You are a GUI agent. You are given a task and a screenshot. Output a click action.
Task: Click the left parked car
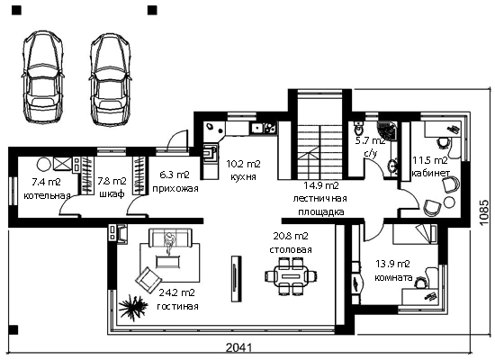pyautogui.click(x=42, y=77)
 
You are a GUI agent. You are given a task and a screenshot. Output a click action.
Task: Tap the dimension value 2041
pyautogui.click(x=239, y=347)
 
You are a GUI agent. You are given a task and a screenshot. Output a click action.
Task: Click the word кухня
pyautogui.click(x=243, y=176)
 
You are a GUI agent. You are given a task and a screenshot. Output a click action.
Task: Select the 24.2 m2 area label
pyautogui.click(x=176, y=292)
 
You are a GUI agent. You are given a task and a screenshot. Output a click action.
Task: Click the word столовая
pyautogui.click(x=291, y=249)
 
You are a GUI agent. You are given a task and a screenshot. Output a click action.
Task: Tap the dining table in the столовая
pyautogui.click(x=291, y=275)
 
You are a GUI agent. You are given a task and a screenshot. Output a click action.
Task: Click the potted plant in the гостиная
pyautogui.click(x=133, y=307)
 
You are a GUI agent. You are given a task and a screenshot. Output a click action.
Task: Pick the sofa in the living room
pyautogui.click(x=169, y=238)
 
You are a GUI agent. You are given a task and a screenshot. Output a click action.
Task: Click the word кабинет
pyautogui.click(x=430, y=174)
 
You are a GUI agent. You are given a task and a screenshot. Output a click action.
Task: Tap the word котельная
pyautogui.click(x=47, y=196)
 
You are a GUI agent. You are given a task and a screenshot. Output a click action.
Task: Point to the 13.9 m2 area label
pyautogui.click(x=392, y=264)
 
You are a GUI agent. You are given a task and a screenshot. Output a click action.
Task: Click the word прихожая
pyautogui.click(x=175, y=189)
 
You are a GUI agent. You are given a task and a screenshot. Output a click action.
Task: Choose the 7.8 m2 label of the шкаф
pyautogui.click(x=112, y=181)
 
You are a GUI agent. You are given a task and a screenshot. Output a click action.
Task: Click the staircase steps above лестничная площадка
pyautogui.click(x=319, y=151)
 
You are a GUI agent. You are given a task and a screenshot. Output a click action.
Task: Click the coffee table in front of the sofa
pyautogui.click(x=168, y=262)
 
